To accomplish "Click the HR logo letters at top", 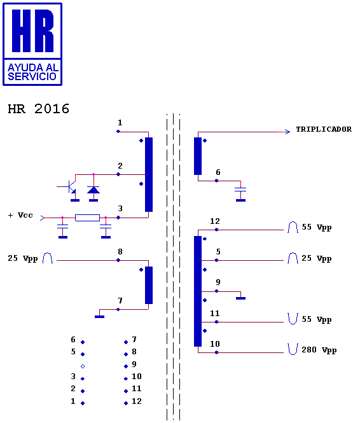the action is point(32,31).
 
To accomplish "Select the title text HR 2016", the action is point(39,109).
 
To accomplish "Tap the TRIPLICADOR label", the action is point(324,129).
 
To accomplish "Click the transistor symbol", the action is point(70,186).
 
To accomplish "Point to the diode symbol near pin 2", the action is point(93,190).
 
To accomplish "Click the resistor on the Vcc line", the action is point(87,218).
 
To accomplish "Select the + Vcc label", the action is point(20,215).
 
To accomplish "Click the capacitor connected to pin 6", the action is point(240,190).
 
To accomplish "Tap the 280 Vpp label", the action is point(319,350).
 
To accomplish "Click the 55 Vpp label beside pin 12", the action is point(316,227).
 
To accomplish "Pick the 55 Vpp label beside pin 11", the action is point(316,319).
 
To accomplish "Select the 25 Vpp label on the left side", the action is point(23,258).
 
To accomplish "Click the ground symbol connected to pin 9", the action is point(240,298).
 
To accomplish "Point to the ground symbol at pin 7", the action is point(99,317).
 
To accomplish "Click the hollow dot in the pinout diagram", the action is point(83,366).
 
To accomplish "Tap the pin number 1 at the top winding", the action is point(120,123).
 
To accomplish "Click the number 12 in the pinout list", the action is point(137,401).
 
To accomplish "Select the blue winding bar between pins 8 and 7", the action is point(149,285).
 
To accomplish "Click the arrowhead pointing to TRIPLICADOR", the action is point(287,132).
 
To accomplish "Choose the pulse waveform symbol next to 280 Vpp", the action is point(293,349).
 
